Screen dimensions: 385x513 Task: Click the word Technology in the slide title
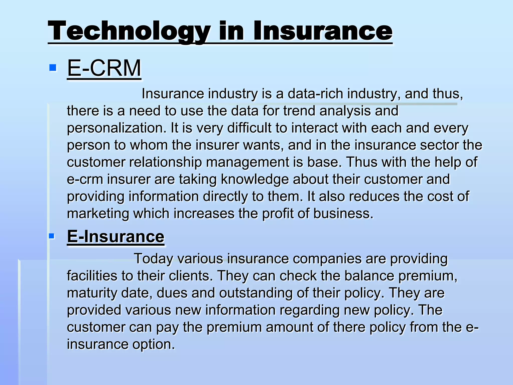coord(129,31)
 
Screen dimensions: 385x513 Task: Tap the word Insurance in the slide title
coord(323,31)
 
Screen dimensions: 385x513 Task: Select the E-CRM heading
coord(104,68)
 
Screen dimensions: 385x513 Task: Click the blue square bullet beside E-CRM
coord(53,68)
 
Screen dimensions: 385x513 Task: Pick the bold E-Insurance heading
coord(115,236)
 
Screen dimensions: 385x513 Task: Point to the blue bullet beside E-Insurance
coord(52,236)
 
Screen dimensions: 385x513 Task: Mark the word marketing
coord(98,214)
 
